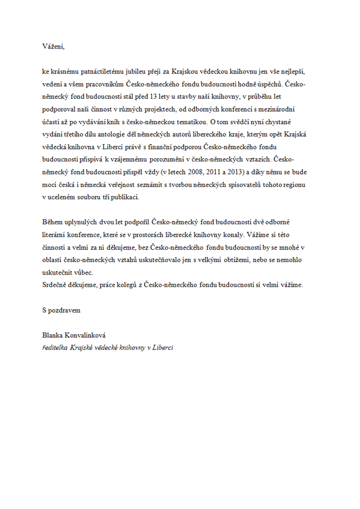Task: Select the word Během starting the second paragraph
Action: pyautogui.click(x=53, y=223)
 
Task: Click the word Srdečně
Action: pyautogui.click(x=55, y=285)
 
